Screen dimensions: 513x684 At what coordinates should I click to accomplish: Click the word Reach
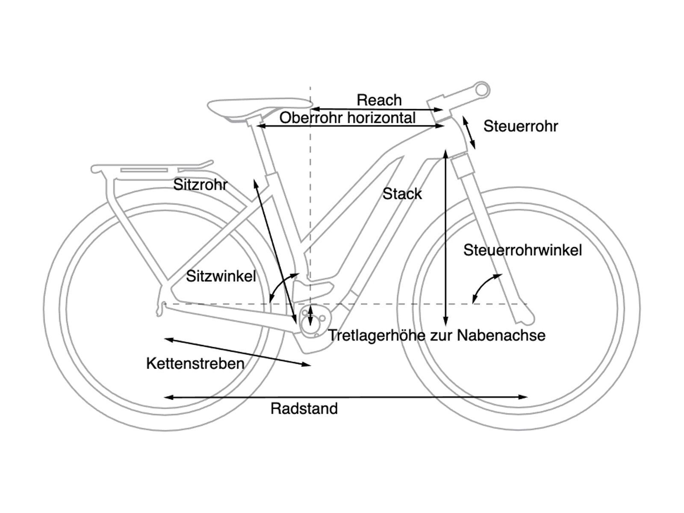point(379,100)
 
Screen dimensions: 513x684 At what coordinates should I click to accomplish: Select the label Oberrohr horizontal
point(347,118)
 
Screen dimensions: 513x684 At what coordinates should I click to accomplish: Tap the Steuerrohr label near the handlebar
point(520,127)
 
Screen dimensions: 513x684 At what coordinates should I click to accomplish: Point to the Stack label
point(402,194)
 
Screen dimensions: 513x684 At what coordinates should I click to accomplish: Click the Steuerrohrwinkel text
point(522,250)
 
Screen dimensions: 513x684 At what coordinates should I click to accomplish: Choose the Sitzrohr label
point(200,185)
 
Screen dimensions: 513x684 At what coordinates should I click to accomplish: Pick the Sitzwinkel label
point(221,276)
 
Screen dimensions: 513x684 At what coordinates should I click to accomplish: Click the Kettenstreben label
point(195,364)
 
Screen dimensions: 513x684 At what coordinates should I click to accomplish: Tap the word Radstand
point(304,409)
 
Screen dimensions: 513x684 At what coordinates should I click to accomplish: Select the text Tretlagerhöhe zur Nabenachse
point(436,336)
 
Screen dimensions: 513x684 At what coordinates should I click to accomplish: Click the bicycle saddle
point(259,106)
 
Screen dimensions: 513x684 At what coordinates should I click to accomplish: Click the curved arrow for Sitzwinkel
point(282,286)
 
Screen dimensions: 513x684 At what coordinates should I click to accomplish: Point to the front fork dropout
point(526,317)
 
